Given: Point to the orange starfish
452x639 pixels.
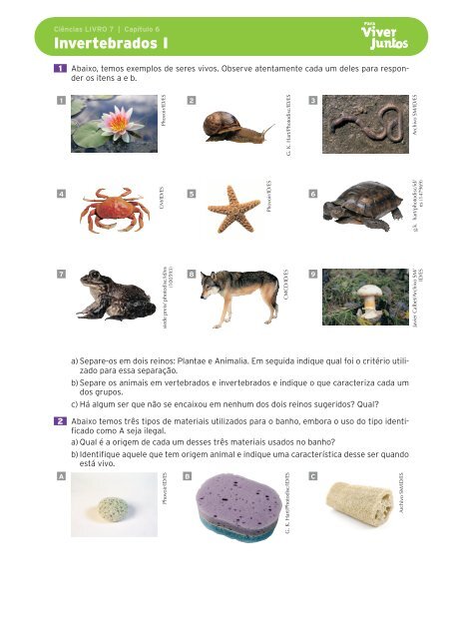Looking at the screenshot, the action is point(234,208).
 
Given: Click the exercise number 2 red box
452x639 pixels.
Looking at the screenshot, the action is point(60,422).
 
